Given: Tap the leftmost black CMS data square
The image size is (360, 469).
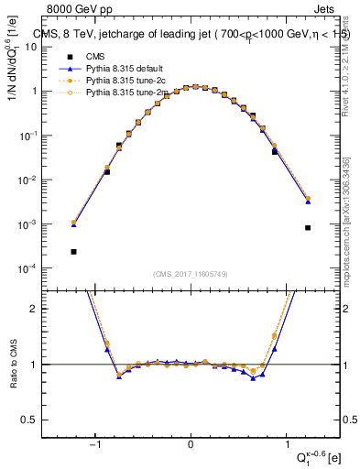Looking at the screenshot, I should pyautogui.click(x=73, y=251).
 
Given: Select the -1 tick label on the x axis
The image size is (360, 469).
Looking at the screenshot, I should pyautogui.click(x=95, y=446).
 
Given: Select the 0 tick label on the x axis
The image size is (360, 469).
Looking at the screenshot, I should pyautogui.click(x=191, y=446).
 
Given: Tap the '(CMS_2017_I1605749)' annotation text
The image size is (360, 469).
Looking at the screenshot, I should pyautogui.click(x=191, y=275).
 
